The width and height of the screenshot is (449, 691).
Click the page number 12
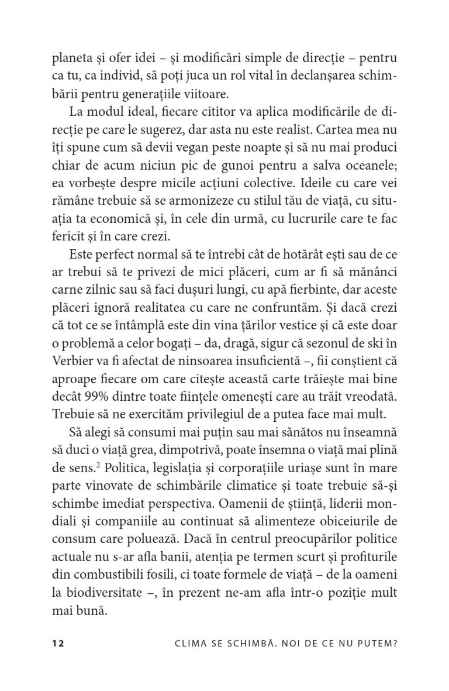(57, 642)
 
